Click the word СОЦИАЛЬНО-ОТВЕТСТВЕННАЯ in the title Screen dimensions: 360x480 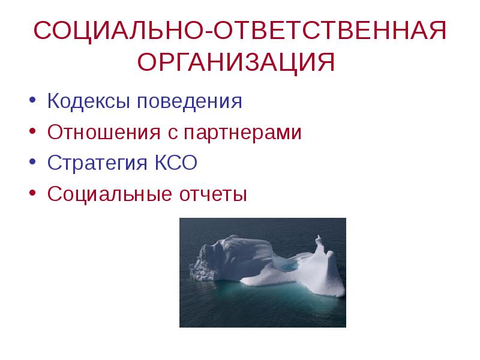coord(239,30)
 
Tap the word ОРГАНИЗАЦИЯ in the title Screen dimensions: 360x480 coord(236,62)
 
